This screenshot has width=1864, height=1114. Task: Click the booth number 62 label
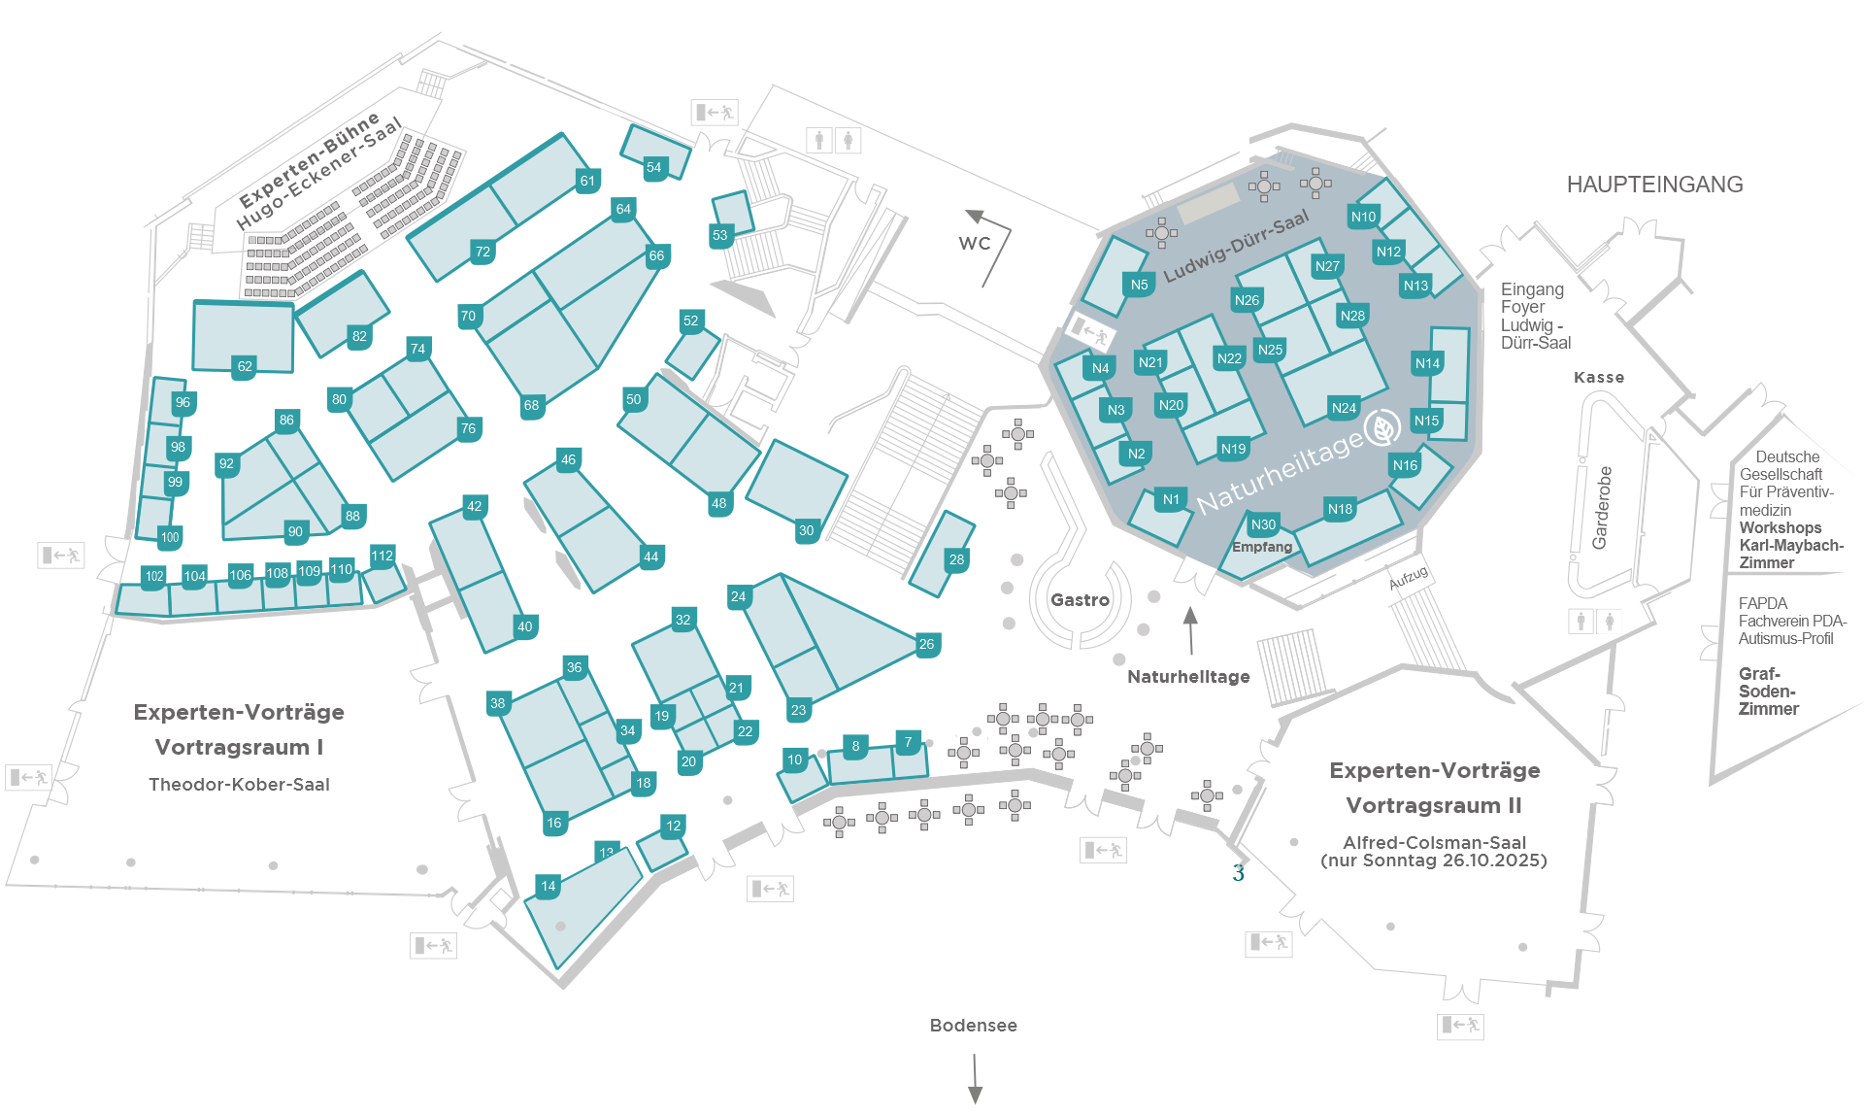pyautogui.click(x=245, y=366)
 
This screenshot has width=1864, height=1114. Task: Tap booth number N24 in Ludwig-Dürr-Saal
pyautogui.click(x=1344, y=408)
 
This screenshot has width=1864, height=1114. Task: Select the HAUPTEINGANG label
pyautogui.click(x=1654, y=185)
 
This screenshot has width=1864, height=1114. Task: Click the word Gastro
pyautogui.click(x=1080, y=600)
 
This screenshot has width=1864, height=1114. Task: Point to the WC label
pyautogui.click(x=975, y=243)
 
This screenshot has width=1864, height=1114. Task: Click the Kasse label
pyautogui.click(x=1599, y=378)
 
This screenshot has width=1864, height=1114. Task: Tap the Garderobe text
pyautogui.click(x=1602, y=508)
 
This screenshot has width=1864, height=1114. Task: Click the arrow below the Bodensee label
pyautogui.click(x=975, y=1077)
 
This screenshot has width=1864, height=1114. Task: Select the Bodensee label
pyautogui.click(x=974, y=1026)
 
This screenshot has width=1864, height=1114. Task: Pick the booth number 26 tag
pyautogui.click(x=926, y=644)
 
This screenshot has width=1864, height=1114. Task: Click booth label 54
pyautogui.click(x=654, y=167)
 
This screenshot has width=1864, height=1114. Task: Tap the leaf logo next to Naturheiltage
pyautogui.click(x=1381, y=427)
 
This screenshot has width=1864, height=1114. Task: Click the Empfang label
pyautogui.click(x=1262, y=547)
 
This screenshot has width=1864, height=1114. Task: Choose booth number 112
pyautogui.click(x=383, y=557)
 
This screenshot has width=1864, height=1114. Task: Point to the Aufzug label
pyautogui.click(x=1408, y=578)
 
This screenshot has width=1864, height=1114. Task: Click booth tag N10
pyautogui.click(x=1363, y=217)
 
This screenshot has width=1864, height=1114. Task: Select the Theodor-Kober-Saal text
pyautogui.click(x=239, y=785)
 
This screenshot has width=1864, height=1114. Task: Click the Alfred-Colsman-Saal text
pyautogui.click(x=1434, y=843)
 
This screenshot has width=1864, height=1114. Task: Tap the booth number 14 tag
pyautogui.click(x=549, y=886)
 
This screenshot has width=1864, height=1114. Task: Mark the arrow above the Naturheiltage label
pyautogui.click(x=1190, y=630)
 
